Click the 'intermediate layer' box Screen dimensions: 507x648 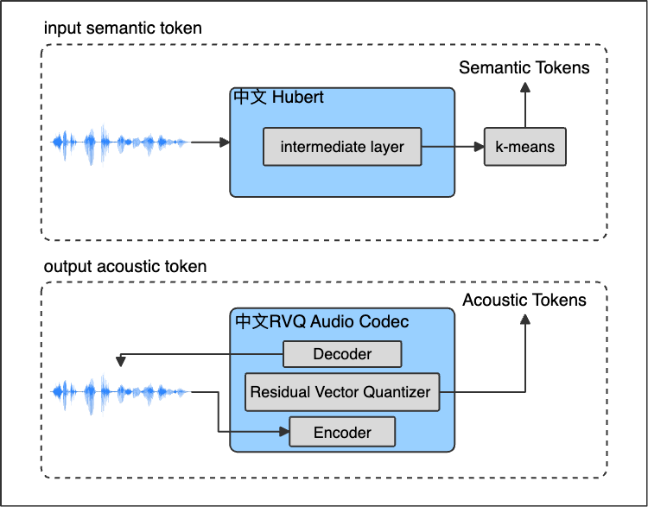point(342,147)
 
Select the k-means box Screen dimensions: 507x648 point(524,147)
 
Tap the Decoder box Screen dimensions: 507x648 point(342,354)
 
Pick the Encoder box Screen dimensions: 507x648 point(342,432)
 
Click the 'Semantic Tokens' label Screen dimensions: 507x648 point(524,67)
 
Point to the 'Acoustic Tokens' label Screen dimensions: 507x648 point(524,301)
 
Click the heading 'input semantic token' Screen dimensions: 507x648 point(123,29)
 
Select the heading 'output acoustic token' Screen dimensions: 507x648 point(125,266)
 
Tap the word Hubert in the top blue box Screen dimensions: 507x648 point(298,98)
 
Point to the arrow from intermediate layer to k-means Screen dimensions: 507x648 point(452,147)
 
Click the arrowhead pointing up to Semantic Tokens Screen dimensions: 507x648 point(524,88)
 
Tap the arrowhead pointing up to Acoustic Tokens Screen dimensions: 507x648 point(524,320)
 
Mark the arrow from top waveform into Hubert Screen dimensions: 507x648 point(209,143)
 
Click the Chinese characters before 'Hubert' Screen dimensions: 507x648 point(251,98)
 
